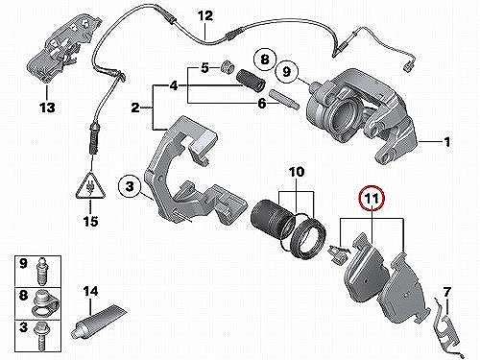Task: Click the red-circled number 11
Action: (372, 199)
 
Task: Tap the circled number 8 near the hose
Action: (265, 60)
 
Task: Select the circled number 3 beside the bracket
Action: (130, 186)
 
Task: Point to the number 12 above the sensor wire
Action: (205, 15)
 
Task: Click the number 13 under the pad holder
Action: (47, 108)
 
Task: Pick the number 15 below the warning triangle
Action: (90, 221)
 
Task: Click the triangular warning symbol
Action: (90, 186)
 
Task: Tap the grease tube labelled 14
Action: (101, 321)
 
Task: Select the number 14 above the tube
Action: (90, 292)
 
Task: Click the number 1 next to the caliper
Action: (447, 141)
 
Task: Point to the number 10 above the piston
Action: (297, 172)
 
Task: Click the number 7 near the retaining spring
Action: (446, 292)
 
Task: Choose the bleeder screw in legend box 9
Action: (41, 271)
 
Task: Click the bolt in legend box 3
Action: (41, 335)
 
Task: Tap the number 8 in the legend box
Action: (24, 295)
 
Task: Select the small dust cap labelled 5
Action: (228, 67)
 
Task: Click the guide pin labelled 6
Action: (284, 99)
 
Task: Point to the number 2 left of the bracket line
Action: (135, 108)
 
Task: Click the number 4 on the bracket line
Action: (174, 85)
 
